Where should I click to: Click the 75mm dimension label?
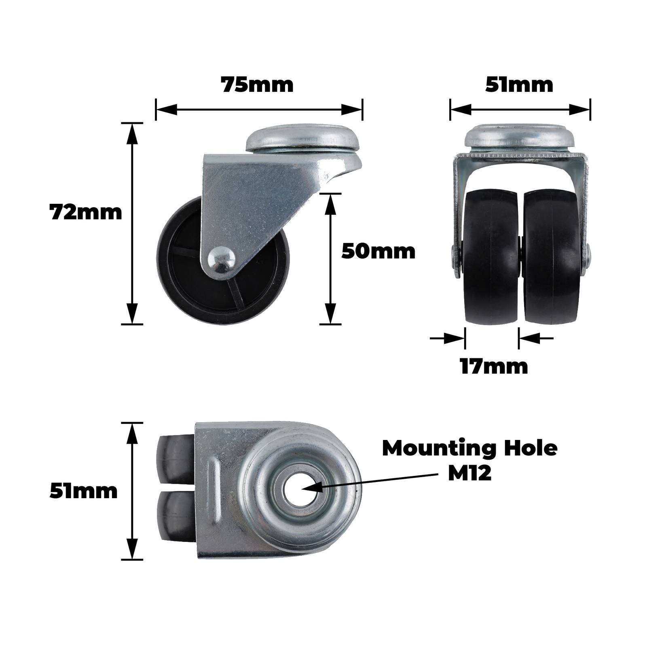[257, 85]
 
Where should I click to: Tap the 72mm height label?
[85, 212]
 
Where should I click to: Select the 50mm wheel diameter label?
[378, 251]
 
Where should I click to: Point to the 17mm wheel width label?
[494, 366]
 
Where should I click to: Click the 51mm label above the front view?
[519, 85]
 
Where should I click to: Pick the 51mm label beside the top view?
[83, 491]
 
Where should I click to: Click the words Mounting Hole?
[469, 448]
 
